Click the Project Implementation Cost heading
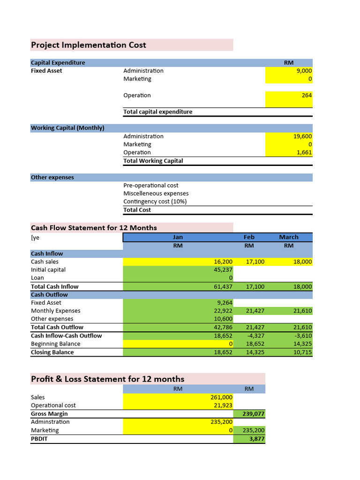point(89,45)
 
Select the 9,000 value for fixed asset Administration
point(304,71)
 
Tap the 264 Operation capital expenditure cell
point(307,95)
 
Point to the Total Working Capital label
point(153,161)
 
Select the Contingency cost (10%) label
point(155,202)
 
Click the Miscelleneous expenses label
point(156,194)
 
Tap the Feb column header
point(249,237)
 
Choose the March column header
point(289,237)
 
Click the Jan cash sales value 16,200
point(223,262)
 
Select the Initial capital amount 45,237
point(223,270)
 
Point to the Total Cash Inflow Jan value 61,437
point(223,286)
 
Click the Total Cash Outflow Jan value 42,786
point(223,327)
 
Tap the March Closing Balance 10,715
point(302,352)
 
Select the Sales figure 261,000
point(222,397)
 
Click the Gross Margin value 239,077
point(254,414)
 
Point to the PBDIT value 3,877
point(257,439)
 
